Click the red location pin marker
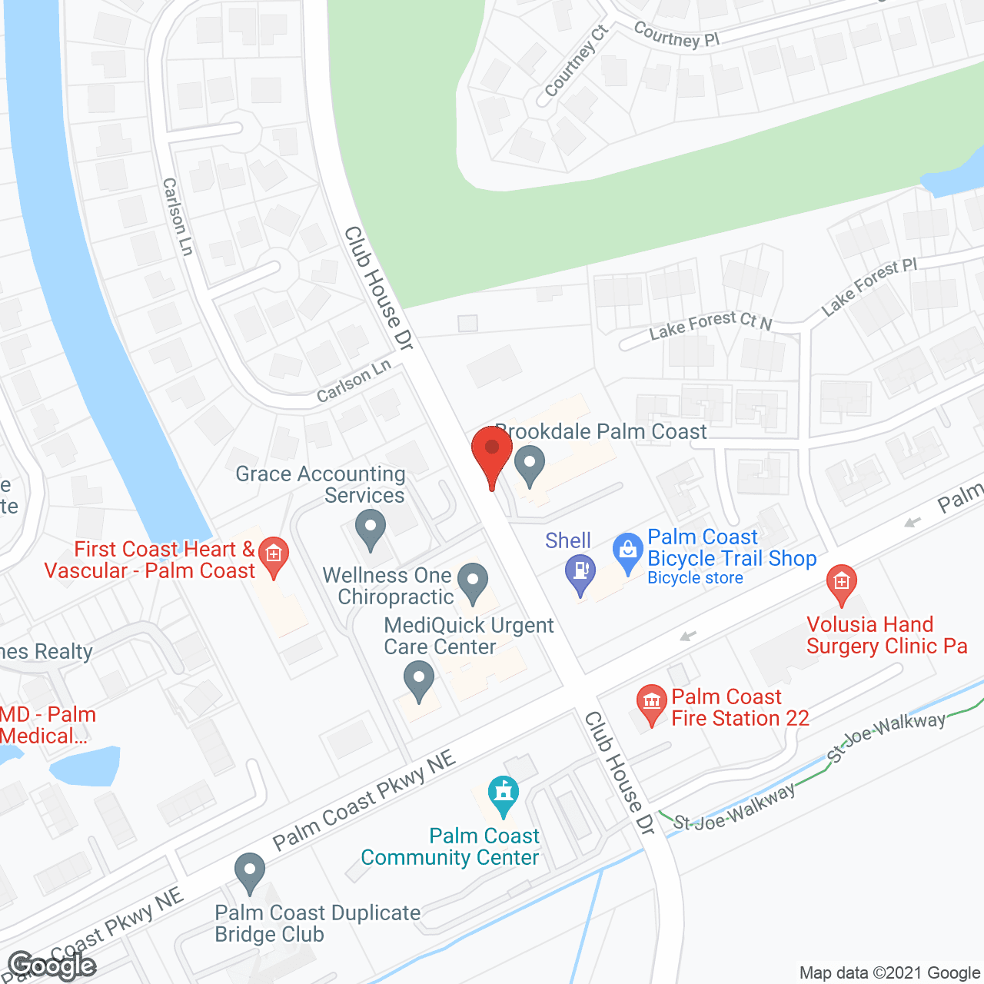click(492, 451)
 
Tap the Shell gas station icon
click(580, 573)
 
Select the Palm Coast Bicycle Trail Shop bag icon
click(628, 551)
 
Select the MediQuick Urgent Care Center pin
click(419, 680)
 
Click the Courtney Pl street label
click(676, 35)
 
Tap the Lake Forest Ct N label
click(710, 325)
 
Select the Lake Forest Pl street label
click(869, 287)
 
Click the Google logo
click(52, 966)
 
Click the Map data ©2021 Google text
click(889, 973)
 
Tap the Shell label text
click(568, 540)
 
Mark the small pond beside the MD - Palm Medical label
click(85, 766)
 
